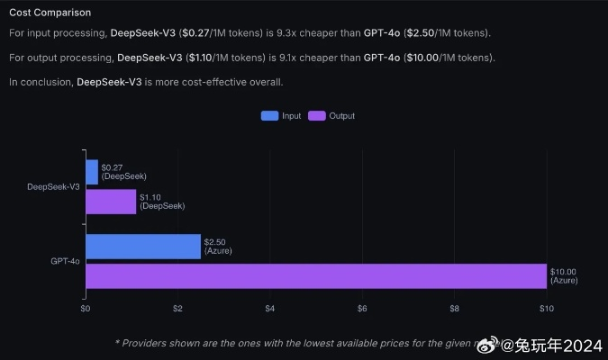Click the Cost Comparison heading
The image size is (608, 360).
click(50, 13)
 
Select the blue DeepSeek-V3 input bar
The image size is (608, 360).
click(91, 172)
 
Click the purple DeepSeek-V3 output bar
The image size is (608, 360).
click(111, 202)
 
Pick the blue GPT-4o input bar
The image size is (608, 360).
click(142, 247)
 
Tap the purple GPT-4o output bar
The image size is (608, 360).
click(315, 276)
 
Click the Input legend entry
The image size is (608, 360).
click(281, 116)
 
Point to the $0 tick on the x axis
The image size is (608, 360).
click(86, 309)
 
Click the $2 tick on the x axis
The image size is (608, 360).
click(177, 309)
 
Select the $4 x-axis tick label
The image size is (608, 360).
click(269, 309)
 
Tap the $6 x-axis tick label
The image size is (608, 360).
click(362, 309)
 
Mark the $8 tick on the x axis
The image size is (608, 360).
click(454, 309)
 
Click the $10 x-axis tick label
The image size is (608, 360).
click(545, 309)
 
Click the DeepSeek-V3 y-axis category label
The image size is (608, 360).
click(53, 187)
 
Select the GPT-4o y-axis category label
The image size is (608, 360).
click(65, 261)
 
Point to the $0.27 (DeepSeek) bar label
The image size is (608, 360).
click(123, 172)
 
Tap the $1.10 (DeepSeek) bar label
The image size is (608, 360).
click(162, 202)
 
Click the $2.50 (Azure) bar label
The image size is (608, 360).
click(218, 247)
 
